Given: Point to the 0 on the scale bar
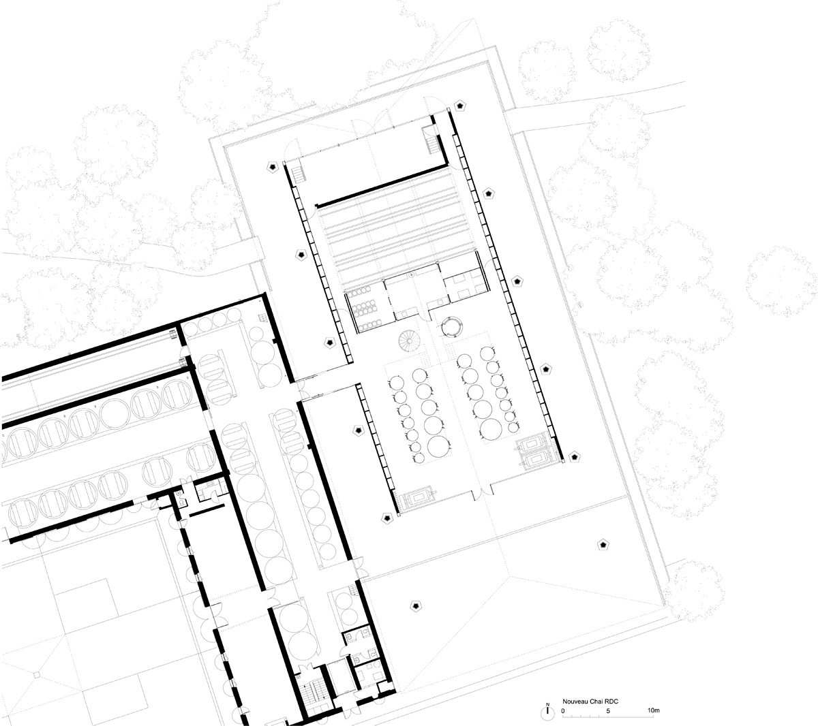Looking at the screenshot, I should pyautogui.click(x=564, y=711).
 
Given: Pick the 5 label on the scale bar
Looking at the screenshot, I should pyautogui.click(x=608, y=711).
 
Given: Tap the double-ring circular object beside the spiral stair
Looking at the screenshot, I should pyautogui.click(x=451, y=326).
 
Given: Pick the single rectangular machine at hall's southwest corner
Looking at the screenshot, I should pyautogui.click(x=418, y=499).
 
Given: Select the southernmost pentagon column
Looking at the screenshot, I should pyautogui.click(x=414, y=605).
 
